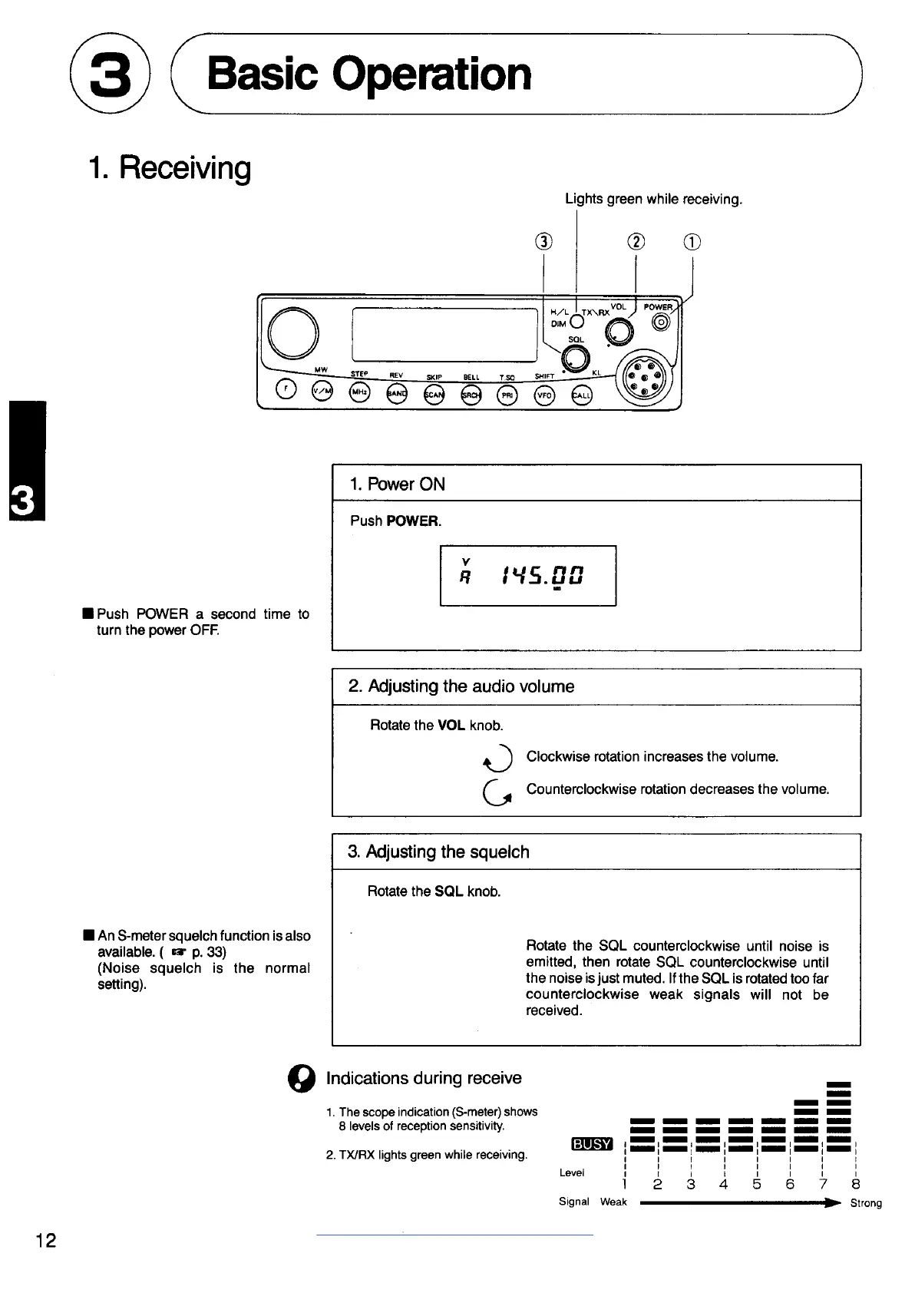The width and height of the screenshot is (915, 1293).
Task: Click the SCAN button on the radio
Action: coord(434,394)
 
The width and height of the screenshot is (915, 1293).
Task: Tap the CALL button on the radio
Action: coord(582,394)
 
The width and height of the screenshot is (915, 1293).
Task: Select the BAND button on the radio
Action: coord(397,394)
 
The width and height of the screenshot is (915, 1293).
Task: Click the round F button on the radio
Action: coord(286,390)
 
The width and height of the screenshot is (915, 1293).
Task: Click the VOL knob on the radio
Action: coord(619,332)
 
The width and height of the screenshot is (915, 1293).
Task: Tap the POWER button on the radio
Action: coord(661,323)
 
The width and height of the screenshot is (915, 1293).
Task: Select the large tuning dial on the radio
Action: coord(293,332)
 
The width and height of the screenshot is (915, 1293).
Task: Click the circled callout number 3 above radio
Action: coord(543,242)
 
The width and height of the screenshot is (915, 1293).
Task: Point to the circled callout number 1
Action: coord(692,242)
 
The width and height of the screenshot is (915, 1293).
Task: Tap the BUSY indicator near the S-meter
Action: coord(591,1144)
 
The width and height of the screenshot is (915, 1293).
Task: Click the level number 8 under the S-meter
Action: coord(856,1184)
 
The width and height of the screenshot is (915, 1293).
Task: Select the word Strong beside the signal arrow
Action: coord(866,1203)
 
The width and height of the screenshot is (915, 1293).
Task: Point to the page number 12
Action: coord(45,1240)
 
